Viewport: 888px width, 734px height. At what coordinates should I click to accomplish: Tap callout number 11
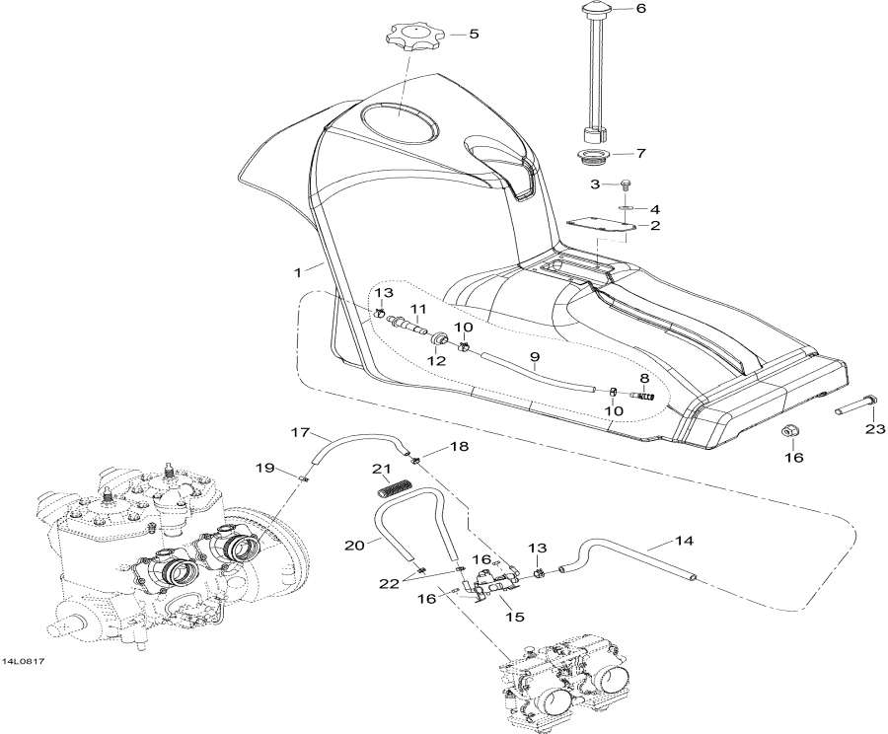[418, 309]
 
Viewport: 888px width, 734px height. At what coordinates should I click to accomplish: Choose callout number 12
[436, 361]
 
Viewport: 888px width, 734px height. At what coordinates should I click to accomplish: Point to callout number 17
[301, 432]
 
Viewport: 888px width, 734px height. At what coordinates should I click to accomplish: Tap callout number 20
[354, 544]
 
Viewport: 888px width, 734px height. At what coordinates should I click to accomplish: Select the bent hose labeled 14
[631, 557]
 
